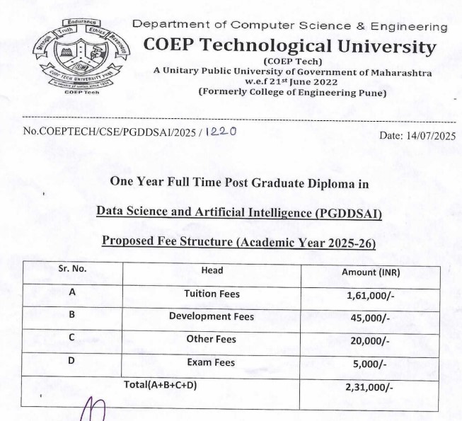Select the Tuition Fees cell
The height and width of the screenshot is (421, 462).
tap(212, 294)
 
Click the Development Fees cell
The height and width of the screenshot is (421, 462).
tap(212, 316)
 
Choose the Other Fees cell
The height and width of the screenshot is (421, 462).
tap(212, 339)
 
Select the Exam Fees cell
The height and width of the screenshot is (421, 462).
tap(211, 362)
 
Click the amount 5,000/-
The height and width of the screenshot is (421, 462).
tap(370, 364)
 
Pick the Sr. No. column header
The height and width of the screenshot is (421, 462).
tap(72, 270)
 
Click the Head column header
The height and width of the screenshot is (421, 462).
tap(212, 270)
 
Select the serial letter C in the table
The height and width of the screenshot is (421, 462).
tap(72, 338)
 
